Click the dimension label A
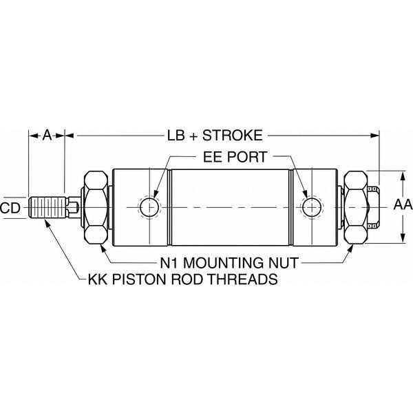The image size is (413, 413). pyautogui.click(x=46, y=135)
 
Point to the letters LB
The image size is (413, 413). pyautogui.click(x=176, y=135)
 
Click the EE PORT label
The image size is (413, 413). pyautogui.click(x=234, y=158)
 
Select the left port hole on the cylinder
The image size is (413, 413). pyautogui.click(x=149, y=206)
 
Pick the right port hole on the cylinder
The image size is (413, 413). pyautogui.click(x=312, y=206)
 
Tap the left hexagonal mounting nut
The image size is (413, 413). pyautogui.click(x=96, y=206)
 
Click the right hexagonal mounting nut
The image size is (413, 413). pyautogui.click(x=355, y=206)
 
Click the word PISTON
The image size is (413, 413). pyautogui.click(x=135, y=280)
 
